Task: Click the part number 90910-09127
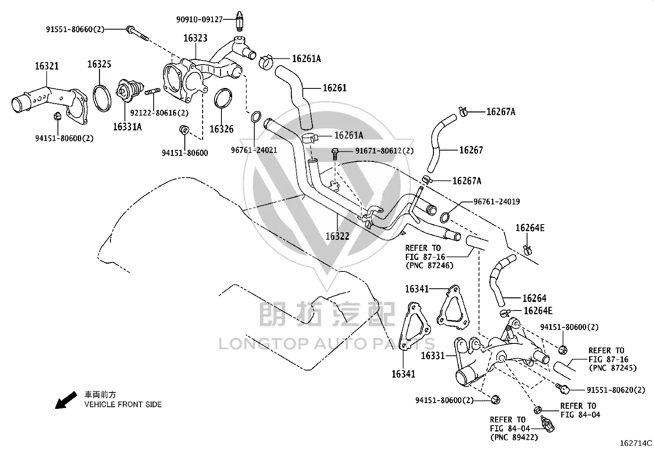(x=199, y=20)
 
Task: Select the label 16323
(x=195, y=38)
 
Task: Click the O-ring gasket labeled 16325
(x=102, y=98)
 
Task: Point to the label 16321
(x=47, y=66)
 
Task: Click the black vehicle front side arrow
(x=66, y=400)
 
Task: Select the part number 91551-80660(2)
(x=75, y=30)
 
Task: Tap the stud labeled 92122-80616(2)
(x=152, y=92)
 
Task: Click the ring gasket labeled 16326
(x=223, y=98)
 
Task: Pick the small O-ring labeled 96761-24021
(x=256, y=117)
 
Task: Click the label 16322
(x=337, y=236)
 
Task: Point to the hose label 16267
(x=471, y=150)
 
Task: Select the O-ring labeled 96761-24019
(x=444, y=218)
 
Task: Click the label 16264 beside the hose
(x=534, y=298)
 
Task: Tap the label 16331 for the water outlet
(x=433, y=356)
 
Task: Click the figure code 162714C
(x=636, y=443)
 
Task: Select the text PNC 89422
(x=514, y=437)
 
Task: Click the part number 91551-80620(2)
(x=616, y=390)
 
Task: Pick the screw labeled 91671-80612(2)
(x=335, y=154)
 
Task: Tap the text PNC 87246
(x=429, y=265)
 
